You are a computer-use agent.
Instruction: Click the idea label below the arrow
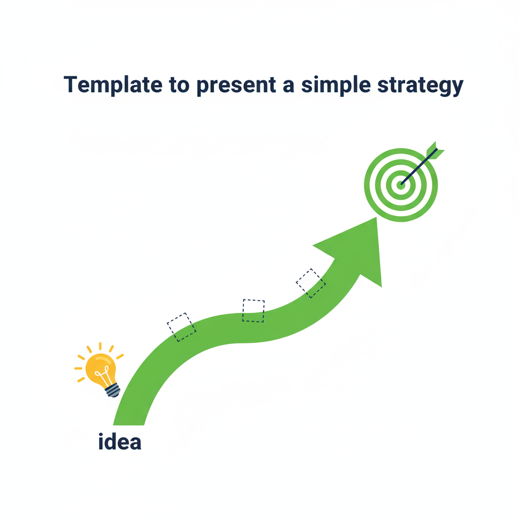tap(120, 441)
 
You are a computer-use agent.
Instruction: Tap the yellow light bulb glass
tap(99, 367)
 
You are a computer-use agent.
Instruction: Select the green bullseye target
tap(400, 185)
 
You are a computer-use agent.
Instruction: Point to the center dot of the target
tap(400, 185)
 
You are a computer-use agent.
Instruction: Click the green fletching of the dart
tap(434, 151)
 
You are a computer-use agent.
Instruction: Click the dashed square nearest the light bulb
tap(181, 327)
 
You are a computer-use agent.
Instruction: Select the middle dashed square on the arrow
tap(253, 310)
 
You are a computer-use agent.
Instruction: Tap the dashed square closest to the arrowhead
tap(311, 283)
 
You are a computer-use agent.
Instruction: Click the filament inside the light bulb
tap(103, 377)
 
